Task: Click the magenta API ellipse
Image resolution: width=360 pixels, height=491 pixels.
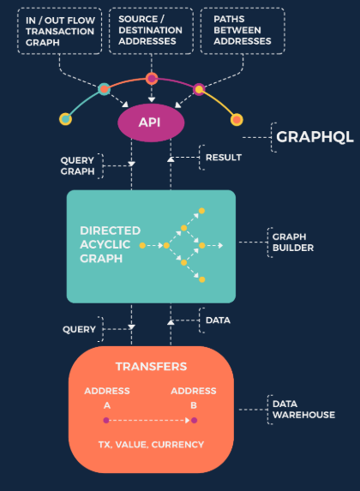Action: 151,123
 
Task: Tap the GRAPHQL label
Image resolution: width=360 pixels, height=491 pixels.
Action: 315,137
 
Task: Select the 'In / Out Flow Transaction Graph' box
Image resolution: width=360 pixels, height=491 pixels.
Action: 59,31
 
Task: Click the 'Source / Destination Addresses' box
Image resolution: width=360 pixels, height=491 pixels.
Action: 151,31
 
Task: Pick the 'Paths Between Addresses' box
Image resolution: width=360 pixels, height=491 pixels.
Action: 243,31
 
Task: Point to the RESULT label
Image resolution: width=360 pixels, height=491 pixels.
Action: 224,157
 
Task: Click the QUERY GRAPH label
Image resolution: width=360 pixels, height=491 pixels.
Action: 77,166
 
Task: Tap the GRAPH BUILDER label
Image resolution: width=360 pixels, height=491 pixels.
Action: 293,243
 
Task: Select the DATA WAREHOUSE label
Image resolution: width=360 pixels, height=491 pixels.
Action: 303,410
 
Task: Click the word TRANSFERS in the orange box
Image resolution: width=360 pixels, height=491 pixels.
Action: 151,367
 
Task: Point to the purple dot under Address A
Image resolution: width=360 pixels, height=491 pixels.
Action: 106,420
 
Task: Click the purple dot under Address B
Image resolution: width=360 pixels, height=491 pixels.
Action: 194,420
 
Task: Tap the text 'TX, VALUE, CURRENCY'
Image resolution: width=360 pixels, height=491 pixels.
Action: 151,445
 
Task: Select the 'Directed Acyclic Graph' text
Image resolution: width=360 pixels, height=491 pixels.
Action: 110,244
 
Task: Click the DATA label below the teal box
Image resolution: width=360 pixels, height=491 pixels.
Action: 218,320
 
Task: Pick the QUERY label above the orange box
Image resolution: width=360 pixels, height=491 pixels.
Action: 79,329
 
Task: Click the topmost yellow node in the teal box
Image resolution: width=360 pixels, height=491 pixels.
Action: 201,211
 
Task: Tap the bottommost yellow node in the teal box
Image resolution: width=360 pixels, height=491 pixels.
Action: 201,279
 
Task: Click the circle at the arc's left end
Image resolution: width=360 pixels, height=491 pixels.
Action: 65,119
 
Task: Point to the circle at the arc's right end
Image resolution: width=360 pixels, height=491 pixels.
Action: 237,120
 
